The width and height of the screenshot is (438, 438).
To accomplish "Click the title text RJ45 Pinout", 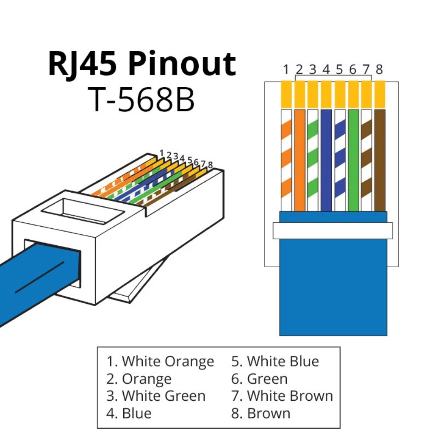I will [142, 64].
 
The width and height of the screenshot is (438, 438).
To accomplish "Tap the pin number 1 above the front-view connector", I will [286, 70].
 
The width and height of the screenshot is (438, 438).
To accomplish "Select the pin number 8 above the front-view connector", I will [379, 70].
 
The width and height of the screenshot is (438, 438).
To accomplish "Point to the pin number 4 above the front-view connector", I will [326, 70].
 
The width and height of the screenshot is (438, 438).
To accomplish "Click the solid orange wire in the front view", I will [299, 160].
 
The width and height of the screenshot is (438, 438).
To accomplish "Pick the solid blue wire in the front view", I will [326, 160].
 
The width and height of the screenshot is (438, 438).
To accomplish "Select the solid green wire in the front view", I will [353, 160].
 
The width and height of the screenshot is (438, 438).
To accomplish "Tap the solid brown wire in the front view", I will [380, 160].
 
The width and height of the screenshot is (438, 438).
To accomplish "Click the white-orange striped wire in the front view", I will [286, 160].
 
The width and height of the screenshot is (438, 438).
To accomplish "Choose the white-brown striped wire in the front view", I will [366, 160].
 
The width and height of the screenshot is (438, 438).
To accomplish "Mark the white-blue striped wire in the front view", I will [339, 160].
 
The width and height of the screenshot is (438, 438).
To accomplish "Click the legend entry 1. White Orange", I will [160, 361].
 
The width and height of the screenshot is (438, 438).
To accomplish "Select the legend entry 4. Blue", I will [129, 413].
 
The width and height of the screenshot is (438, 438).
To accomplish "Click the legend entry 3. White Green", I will [156, 395].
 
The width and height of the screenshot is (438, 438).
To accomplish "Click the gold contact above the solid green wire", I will [353, 94].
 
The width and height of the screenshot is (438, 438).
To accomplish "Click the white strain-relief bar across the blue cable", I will [333, 230].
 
